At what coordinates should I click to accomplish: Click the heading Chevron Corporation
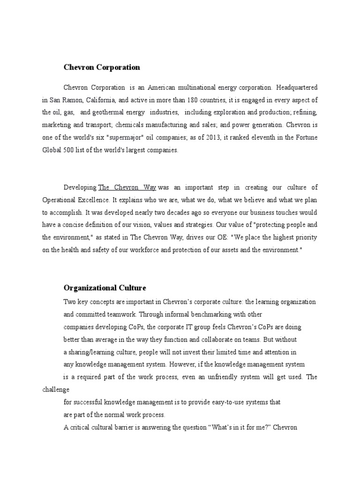102,67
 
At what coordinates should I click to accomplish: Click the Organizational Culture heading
105,287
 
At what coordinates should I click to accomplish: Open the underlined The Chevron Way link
127,187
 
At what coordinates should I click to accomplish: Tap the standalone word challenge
55,390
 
